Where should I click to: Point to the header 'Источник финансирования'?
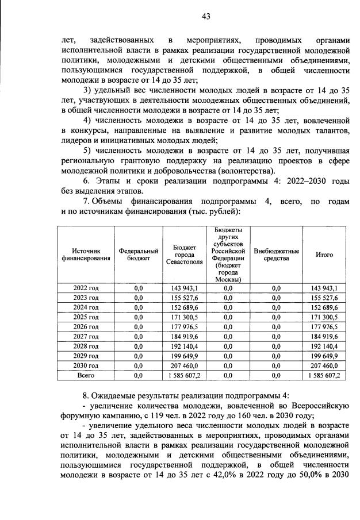point(86,255)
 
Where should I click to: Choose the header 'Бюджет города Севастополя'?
point(184,255)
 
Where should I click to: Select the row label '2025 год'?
point(86,317)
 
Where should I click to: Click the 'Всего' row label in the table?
point(86,375)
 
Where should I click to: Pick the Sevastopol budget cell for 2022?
point(184,288)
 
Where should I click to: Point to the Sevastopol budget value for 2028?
point(184,346)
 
